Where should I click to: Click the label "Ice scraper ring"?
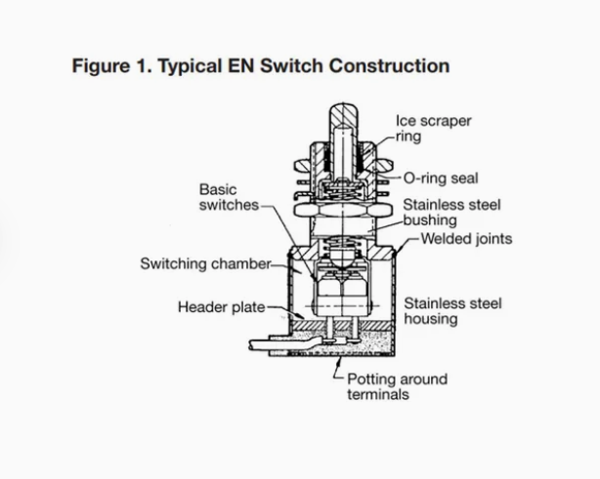[433, 129]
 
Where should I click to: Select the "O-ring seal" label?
[441, 179]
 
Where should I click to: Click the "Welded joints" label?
[466, 238]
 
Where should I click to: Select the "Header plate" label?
[220, 307]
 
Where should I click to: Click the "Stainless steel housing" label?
[452, 311]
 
